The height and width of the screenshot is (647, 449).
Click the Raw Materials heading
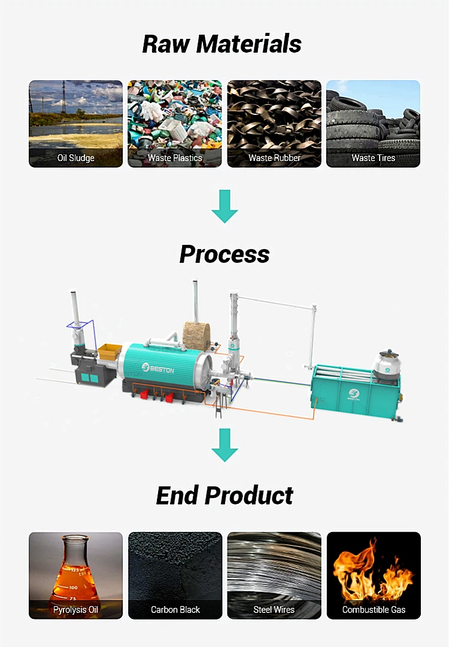[x=222, y=44]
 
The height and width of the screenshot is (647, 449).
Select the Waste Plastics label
[x=175, y=158]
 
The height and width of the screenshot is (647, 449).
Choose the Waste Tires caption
[x=373, y=158]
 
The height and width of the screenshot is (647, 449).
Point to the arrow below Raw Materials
[x=224, y=206]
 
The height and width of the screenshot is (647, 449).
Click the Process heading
[x=224, y=254]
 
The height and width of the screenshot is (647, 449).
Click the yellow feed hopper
[x=110, y=351]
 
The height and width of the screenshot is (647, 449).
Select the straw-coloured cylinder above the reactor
[x=196, y=336]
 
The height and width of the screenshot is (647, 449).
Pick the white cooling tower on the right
[x=387, y=366]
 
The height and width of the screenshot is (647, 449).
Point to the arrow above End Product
[x=224, y=444]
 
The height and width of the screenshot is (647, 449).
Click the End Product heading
[x=224, y=496]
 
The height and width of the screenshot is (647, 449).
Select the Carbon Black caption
[x=175, y=610]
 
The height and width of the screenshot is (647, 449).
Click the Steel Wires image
[x=274, y=569]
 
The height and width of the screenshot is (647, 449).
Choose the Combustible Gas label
[x=374, y=610]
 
